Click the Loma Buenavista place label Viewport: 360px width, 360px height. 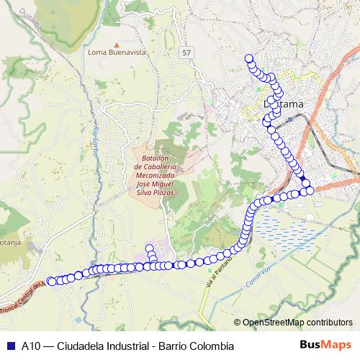[x=117, y=53]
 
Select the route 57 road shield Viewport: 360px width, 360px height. [x=188, y=54]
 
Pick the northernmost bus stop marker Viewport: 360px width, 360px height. [x=249, y=58]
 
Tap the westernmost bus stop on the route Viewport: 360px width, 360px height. [x=50, y=281]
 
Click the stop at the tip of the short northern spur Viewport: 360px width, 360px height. [x=150, y=248]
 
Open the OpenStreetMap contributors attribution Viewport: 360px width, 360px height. [x=297, y=323]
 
